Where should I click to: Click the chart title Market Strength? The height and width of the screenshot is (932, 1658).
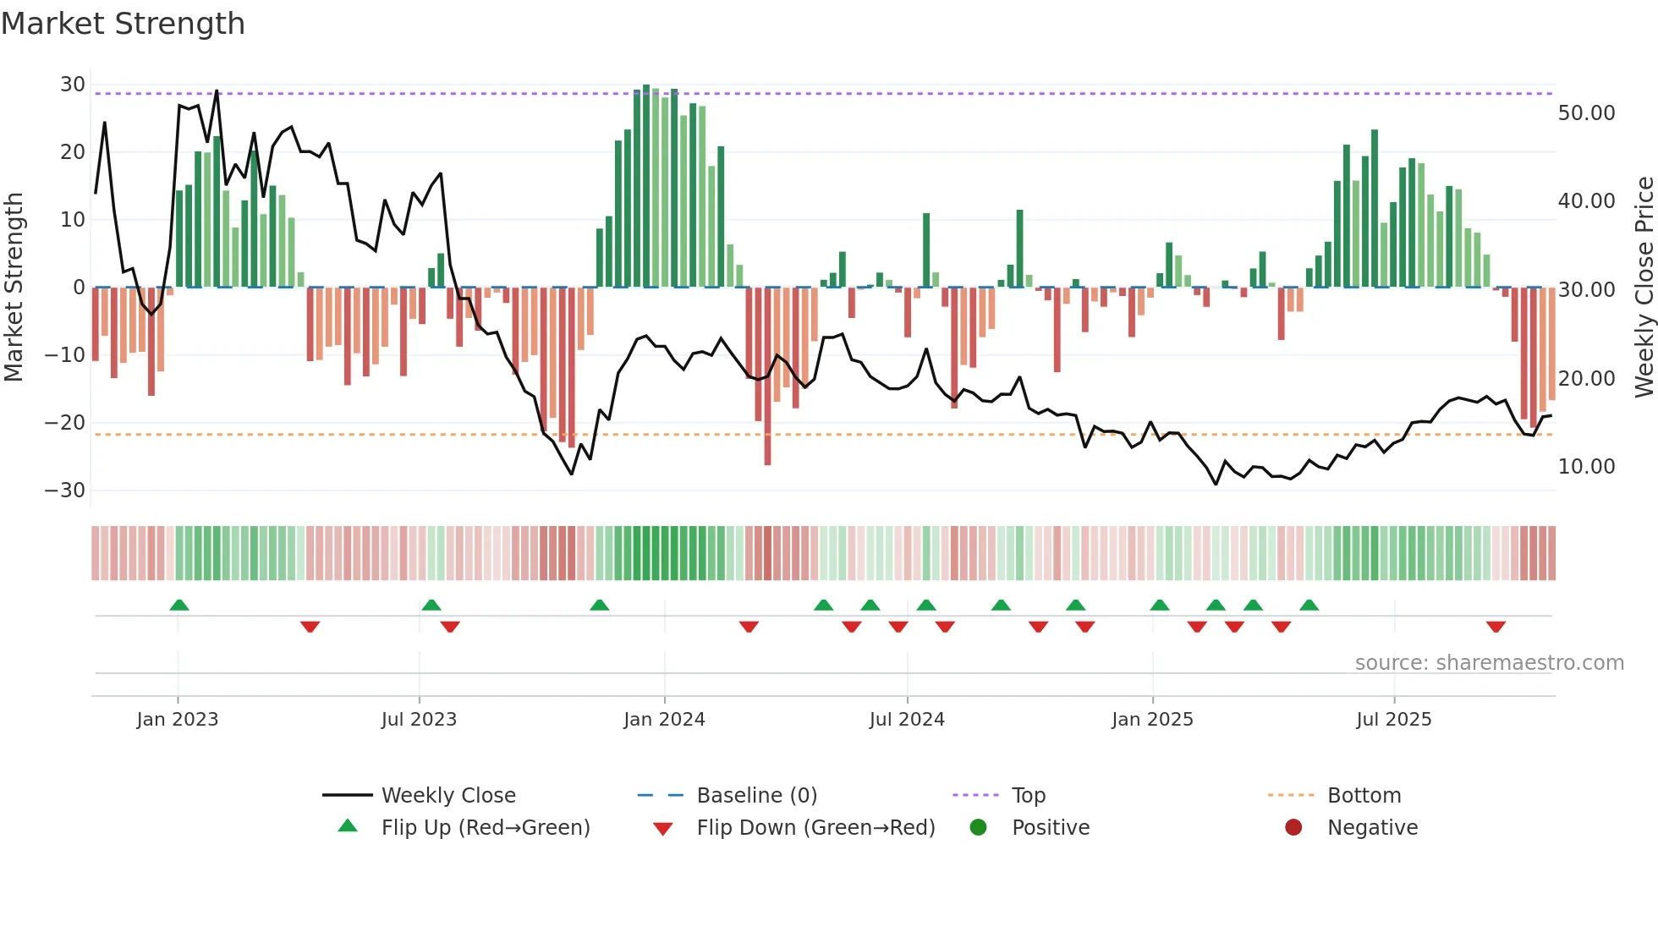pyautogui.click(x=124, y=24)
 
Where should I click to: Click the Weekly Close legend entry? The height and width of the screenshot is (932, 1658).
pyautogui.click(x=447, y=795)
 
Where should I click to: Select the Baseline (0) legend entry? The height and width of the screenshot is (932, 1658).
pyautogui.click(x=756, y=795)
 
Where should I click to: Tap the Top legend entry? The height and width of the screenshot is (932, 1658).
pyautogui.click(x=1028, y=795)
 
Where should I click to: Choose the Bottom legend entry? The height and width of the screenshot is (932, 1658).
pyautogui.click(x=1364, y=795)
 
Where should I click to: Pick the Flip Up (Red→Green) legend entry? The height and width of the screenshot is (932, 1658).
pyautogui.click(x=485, y=827)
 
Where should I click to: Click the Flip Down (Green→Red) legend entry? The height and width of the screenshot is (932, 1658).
pyautogui.click(x=815, y=827)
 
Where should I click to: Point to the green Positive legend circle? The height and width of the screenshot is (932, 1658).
pyautogui.click(x=979, y=827)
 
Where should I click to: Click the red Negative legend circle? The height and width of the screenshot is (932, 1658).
pyautogui.click(x=1293, y=827)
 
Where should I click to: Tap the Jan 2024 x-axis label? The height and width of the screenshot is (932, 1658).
pyautogui.click(x=664, y=720)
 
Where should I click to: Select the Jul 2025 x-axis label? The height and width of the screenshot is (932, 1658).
pyautogui.click(x=1393, y=720)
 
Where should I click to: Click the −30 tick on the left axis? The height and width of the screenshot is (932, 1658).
pyautogui.click(x=65, y=491)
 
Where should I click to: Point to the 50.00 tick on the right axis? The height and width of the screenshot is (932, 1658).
pyautogui.click(x=1586, y=113)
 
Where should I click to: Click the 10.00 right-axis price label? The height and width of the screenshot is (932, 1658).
pyautogui.click(x=1586, y=467)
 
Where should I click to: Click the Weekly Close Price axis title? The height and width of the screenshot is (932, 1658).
pyautogui.click(x=1644, y=288)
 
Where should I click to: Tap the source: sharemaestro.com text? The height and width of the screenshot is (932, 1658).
pyautogui.click(x=1489, y=663)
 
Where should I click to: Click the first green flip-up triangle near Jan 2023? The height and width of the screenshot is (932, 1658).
pyautogui.click(x=178, y=605)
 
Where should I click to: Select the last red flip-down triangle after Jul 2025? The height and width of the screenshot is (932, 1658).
pyautogui.click(x=1496, y=627)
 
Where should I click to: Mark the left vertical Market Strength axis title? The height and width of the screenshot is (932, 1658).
pyautogui.click(x=14, y=288)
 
